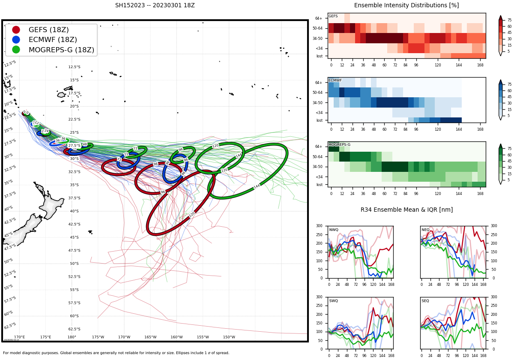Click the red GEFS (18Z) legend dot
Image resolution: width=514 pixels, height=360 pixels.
point(16,30)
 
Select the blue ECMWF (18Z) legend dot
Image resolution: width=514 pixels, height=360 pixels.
point(16,40)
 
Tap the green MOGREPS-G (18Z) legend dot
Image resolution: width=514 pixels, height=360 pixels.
point(16,50)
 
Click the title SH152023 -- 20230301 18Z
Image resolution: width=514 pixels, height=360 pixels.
point(155,6)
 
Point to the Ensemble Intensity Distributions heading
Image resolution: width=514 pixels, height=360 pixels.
point(406,6)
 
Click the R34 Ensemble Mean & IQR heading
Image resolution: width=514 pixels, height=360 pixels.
point(406,210)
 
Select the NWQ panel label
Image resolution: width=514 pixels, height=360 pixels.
point(334,230)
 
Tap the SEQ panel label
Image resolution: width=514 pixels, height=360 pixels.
point(425,301)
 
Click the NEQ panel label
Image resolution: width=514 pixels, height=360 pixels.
point(425,230)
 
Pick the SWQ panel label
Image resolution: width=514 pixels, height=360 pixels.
point(334,301)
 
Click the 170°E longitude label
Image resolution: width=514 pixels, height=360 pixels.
point(19,337)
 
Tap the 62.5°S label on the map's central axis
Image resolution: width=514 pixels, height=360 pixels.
point(74,329)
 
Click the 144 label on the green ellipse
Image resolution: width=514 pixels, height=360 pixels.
point(257,186)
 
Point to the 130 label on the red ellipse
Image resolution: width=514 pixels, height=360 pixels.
point(192,214)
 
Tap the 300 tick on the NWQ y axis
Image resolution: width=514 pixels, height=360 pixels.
point(319,226)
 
